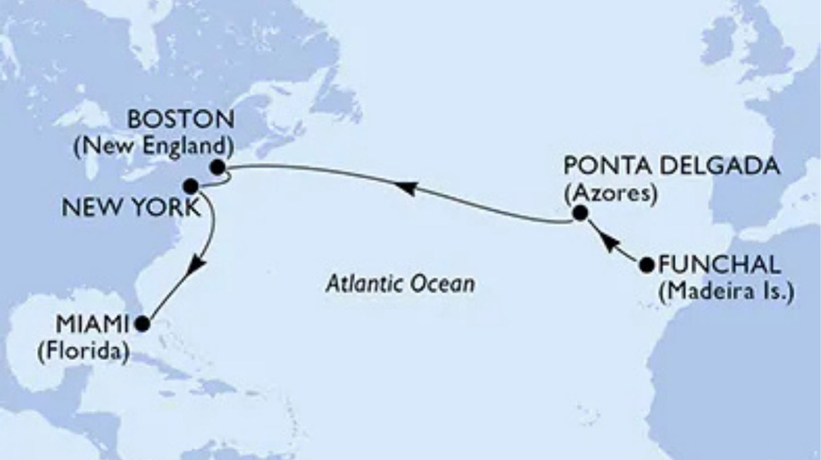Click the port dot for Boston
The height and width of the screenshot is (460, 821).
click(218, 167)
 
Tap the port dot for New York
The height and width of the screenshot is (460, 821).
click(191, 186)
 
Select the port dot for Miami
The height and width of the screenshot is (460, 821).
click(142, 325)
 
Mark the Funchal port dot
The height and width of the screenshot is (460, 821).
click(647, 265)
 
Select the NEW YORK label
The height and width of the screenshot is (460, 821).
click(130, 208)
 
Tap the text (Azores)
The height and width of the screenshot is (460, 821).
click(610, 193)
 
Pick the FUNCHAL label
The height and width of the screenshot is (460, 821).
click(719, 265)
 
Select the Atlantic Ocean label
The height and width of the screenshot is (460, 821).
click(400, 284)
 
